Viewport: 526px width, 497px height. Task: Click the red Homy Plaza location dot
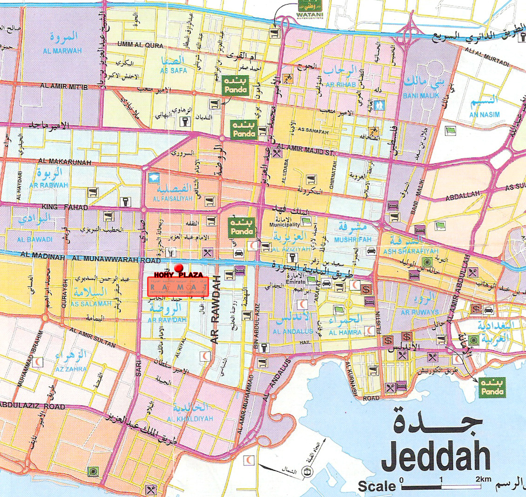(x=177, y=268)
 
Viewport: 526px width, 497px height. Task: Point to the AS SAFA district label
(x=173, y=70)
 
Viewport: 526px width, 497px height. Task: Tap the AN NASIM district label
(x=484, y=114)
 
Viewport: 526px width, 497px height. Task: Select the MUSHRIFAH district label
(x=352, y=239)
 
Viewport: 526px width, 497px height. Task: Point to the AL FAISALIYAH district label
(x=173, y=198)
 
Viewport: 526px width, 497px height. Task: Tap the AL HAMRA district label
(x=345, y=332)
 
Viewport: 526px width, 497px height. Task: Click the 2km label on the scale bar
(x=484, y=479)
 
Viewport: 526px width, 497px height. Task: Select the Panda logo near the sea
(x=491, y=387)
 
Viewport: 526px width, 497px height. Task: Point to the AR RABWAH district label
(x=48, y=185)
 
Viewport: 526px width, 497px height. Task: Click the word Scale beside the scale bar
(x=377, y=486)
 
